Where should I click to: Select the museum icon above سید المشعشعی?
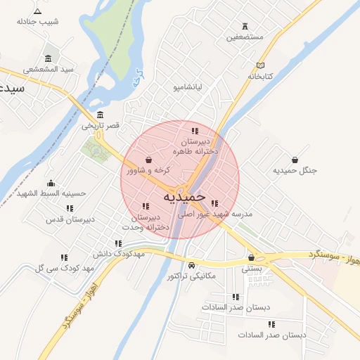pos(48,58)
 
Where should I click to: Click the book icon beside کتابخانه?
pos(261,65)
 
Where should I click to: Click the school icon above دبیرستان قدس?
pos(70,208)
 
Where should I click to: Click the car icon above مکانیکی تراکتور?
pos(192,265)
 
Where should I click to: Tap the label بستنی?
pos(251,269)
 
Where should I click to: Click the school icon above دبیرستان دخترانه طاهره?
pos(195,131)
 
